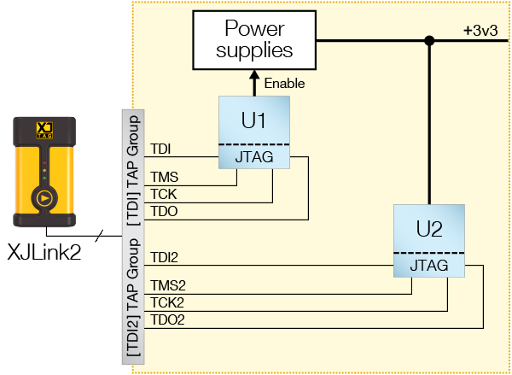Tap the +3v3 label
pos(480,30)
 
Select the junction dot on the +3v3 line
pos(429,40)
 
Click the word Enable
pos(285,84)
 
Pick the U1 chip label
pos(253,120)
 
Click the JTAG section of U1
pos(253,157)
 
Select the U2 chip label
pos(429,229)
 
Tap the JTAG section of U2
pos(429,266)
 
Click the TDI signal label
pos(160,150)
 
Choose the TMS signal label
pos(164,178)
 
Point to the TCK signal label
pos(164,195)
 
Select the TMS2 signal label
pos(167,286)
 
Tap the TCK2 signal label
pos(167,303)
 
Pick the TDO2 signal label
pos(167,320)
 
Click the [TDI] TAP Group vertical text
pos(134,167)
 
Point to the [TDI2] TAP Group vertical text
pos(134,298)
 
